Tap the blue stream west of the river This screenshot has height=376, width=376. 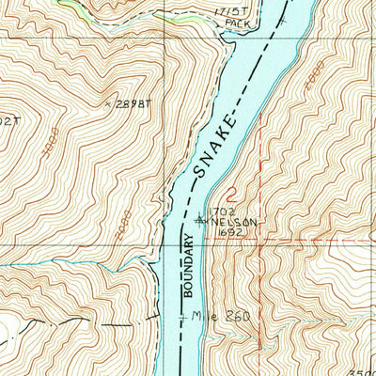coord(75,266)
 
